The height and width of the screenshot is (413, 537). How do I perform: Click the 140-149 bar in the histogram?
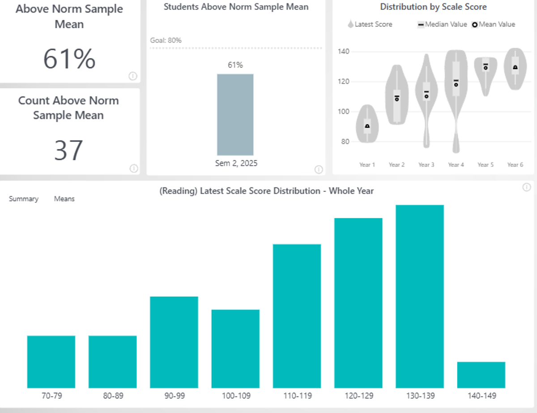tap(481, 375)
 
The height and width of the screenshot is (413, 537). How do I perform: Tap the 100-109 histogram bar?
tap(235, 349)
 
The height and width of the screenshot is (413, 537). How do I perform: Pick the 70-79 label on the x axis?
tap(51, 396)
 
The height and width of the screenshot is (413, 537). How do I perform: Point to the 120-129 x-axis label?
tap(358, 396)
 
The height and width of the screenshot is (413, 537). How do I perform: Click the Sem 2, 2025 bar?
tap(235, 115)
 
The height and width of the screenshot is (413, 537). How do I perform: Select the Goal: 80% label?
tap(166, 41)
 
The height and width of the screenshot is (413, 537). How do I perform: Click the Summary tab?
tap(24, 199)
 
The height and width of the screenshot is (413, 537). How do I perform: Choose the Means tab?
tap(64, 199)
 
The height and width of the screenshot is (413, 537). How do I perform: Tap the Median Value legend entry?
tap(443, 25)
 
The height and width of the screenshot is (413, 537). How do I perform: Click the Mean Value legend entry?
tap(494, 25)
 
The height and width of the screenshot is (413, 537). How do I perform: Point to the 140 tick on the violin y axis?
tap(344, 52)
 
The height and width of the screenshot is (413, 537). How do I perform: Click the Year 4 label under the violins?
tap(456, 165)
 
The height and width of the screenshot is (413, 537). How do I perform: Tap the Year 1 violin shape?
tap(367, 123)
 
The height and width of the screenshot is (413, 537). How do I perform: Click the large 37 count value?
tap(69, 151)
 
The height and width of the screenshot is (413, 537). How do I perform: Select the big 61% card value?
tap(69, 59)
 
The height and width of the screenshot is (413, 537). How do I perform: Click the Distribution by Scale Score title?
tap(433, 7)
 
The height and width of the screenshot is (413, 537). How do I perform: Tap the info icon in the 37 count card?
tap(133, 168)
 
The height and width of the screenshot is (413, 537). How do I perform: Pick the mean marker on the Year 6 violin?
tap(515, 67)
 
